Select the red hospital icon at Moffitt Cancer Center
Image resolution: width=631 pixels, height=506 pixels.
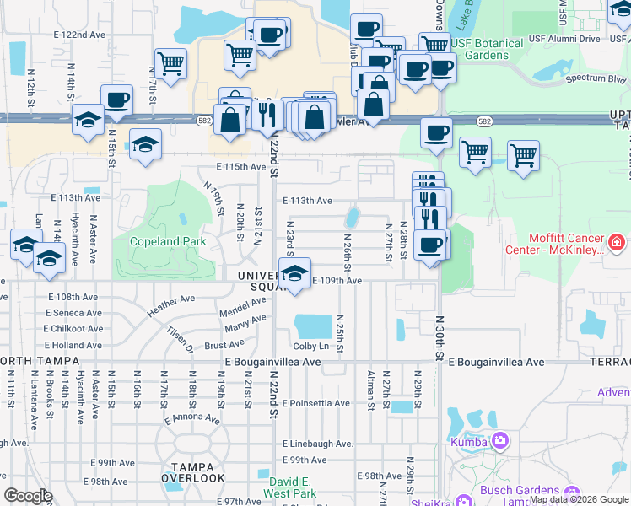click(617, 244)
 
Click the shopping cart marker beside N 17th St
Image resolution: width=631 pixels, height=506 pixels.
click(170, 62)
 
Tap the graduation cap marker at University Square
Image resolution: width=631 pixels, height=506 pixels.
click(294, 275)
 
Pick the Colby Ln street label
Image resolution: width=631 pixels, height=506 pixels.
click(310, 346)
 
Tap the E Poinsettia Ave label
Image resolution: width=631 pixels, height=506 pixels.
click(316, 403)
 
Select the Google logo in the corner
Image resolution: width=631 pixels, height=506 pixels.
click(27, 496)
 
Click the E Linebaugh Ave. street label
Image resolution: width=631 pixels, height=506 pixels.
click(318, 444)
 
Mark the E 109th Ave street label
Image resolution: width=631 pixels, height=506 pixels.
click(337, 281)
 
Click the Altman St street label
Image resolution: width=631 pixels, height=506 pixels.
click(371, 390)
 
